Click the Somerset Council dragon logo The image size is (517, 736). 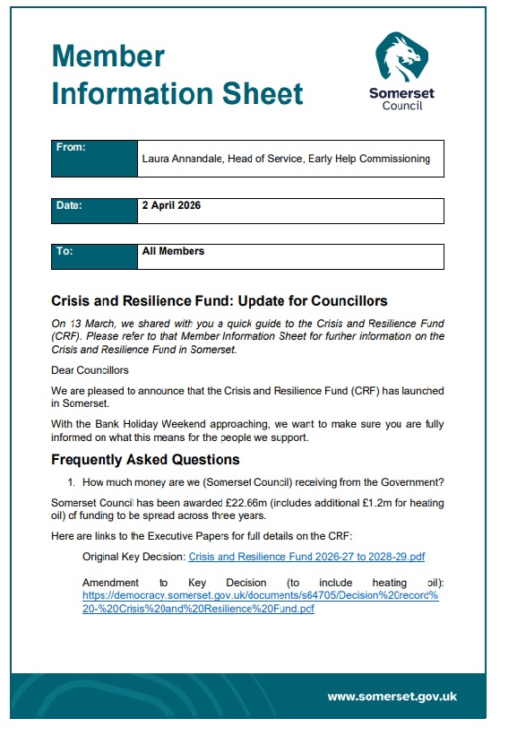click(x=396, y=57)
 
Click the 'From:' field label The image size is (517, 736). click(x=71, y=147)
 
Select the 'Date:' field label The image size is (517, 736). click(x=69, y=205)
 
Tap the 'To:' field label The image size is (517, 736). click(x=65, y=251)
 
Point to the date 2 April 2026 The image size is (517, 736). click(x=171, y=205)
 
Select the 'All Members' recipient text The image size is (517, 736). click(x=173, y=251)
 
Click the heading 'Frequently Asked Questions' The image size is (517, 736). click(x=145, y=460)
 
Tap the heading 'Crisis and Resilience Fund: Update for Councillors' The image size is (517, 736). click(x=219, y=300)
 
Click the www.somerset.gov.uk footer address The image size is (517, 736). click(x=392, y=696)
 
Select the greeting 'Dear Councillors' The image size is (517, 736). click(x=90, y=370)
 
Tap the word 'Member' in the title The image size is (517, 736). click(x=108, y=56)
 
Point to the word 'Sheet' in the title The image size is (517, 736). click(x=261, y=92)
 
